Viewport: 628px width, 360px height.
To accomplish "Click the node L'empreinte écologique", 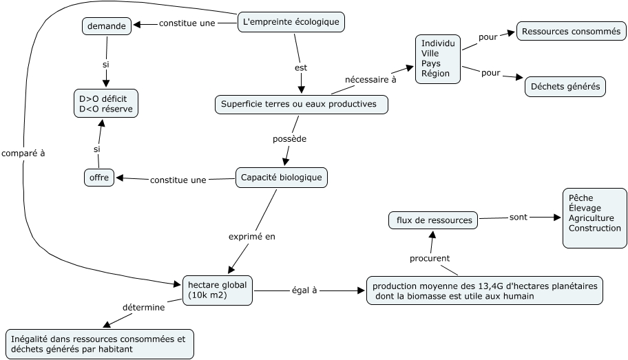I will [291, 22].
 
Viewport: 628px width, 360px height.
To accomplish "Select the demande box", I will [107, 26].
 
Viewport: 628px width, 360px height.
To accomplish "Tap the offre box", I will [99, 178].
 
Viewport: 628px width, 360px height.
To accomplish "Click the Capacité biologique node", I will [282, 178].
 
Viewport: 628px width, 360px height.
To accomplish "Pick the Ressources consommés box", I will [571, 31].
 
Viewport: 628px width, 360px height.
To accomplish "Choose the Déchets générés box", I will [565, 87].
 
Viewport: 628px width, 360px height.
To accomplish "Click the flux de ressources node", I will [433, 220].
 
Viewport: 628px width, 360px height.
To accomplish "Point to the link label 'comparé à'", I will [23, 153].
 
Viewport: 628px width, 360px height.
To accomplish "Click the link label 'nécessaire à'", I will [370, 79].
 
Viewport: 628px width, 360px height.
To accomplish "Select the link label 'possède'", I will [289, 138].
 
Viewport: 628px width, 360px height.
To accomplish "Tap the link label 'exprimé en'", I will [251, 236].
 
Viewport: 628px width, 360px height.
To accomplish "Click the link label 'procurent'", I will [430, 258].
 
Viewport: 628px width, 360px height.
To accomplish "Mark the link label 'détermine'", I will [143, 307].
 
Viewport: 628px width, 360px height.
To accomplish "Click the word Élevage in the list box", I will [585, 208].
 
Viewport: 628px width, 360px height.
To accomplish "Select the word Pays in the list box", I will [432, 63].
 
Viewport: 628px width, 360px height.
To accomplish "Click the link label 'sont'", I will [519, 217].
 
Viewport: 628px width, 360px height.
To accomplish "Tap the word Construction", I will [595, 228].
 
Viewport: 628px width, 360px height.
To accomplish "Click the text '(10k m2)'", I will [207, 295].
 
